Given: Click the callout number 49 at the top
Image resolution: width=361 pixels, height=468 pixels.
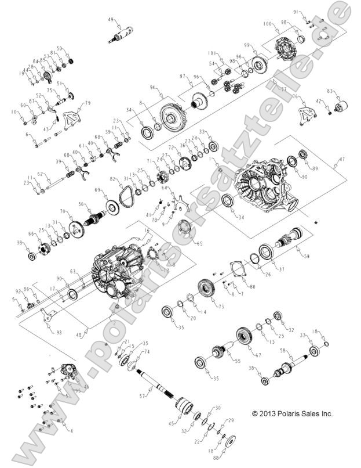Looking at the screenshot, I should click(x=110, y=20).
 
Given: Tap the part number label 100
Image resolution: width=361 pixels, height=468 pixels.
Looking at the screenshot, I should click(x=267, y=24).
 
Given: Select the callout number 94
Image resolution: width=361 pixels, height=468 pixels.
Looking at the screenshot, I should click(x=153, y=87).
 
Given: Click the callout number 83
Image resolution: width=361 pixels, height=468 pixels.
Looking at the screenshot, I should click(x=330, y=91).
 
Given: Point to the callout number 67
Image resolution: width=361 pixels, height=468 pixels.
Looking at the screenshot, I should click(x=259, y=355).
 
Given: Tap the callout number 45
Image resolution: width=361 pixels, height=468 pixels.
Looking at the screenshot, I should click(x=170, y=423).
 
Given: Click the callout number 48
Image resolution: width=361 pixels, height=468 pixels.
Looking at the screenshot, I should click(x=86, y=334).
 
